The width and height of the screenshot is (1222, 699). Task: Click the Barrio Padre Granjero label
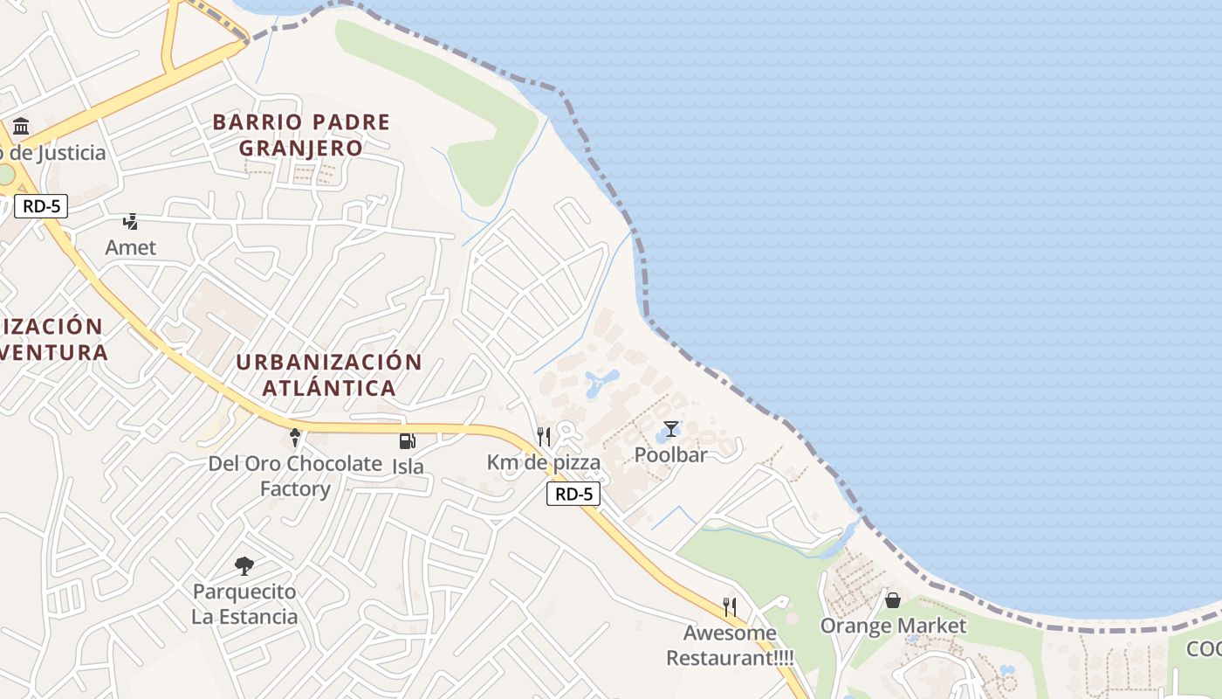[301, 135]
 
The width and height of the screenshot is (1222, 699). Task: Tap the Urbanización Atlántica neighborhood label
[329, 374]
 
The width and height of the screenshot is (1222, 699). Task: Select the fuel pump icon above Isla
[407, 441]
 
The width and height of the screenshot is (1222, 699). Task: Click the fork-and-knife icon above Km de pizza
[544, 436]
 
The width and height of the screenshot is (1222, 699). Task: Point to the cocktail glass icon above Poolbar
[670, 429]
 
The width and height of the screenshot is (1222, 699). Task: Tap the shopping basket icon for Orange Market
[893, 600]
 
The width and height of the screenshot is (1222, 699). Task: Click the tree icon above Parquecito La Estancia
[244, 566]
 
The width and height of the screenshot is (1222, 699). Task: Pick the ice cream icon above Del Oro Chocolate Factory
[295, 438]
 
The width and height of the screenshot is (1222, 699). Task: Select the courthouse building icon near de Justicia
[21, 127]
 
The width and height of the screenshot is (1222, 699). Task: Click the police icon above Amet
[131, 222]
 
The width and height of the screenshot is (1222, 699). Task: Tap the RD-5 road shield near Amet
[41, 207]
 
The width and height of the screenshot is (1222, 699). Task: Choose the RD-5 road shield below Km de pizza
[573, 494]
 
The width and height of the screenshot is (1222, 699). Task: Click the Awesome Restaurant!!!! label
[730, 645]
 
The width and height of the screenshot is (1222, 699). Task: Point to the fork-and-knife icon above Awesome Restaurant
[730, 606]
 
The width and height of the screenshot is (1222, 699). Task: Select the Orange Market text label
[893, 626]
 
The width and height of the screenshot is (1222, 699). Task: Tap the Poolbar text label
[670, 454]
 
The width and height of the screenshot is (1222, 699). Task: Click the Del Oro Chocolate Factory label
[295, 475]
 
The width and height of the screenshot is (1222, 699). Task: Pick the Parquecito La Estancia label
[244, 604]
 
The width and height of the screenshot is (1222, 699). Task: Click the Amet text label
[131, 247]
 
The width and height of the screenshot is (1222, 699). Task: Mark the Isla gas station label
[408, 466]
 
